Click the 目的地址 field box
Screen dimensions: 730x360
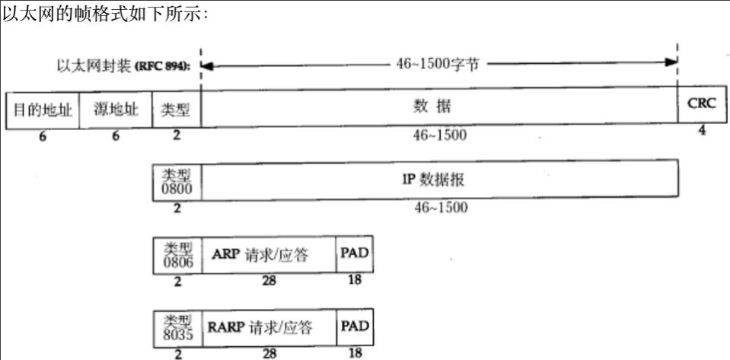point(43,109)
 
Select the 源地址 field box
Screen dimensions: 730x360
point(116,109)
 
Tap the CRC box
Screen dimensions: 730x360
point(701,104)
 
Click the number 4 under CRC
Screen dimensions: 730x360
point(701,131)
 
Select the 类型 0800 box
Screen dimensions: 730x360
point(177,180)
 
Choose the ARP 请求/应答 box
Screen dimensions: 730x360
point(268,255)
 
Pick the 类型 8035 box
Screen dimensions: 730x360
point(177,327)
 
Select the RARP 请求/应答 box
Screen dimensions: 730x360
point(268,327)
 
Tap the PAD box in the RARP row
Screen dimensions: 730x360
point(355,327)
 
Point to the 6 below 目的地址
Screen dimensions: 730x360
point(43,136)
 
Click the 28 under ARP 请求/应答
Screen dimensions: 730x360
point(268,282)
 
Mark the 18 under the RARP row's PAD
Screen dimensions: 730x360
point(355,353)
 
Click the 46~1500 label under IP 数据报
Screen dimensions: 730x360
point(441,207)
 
